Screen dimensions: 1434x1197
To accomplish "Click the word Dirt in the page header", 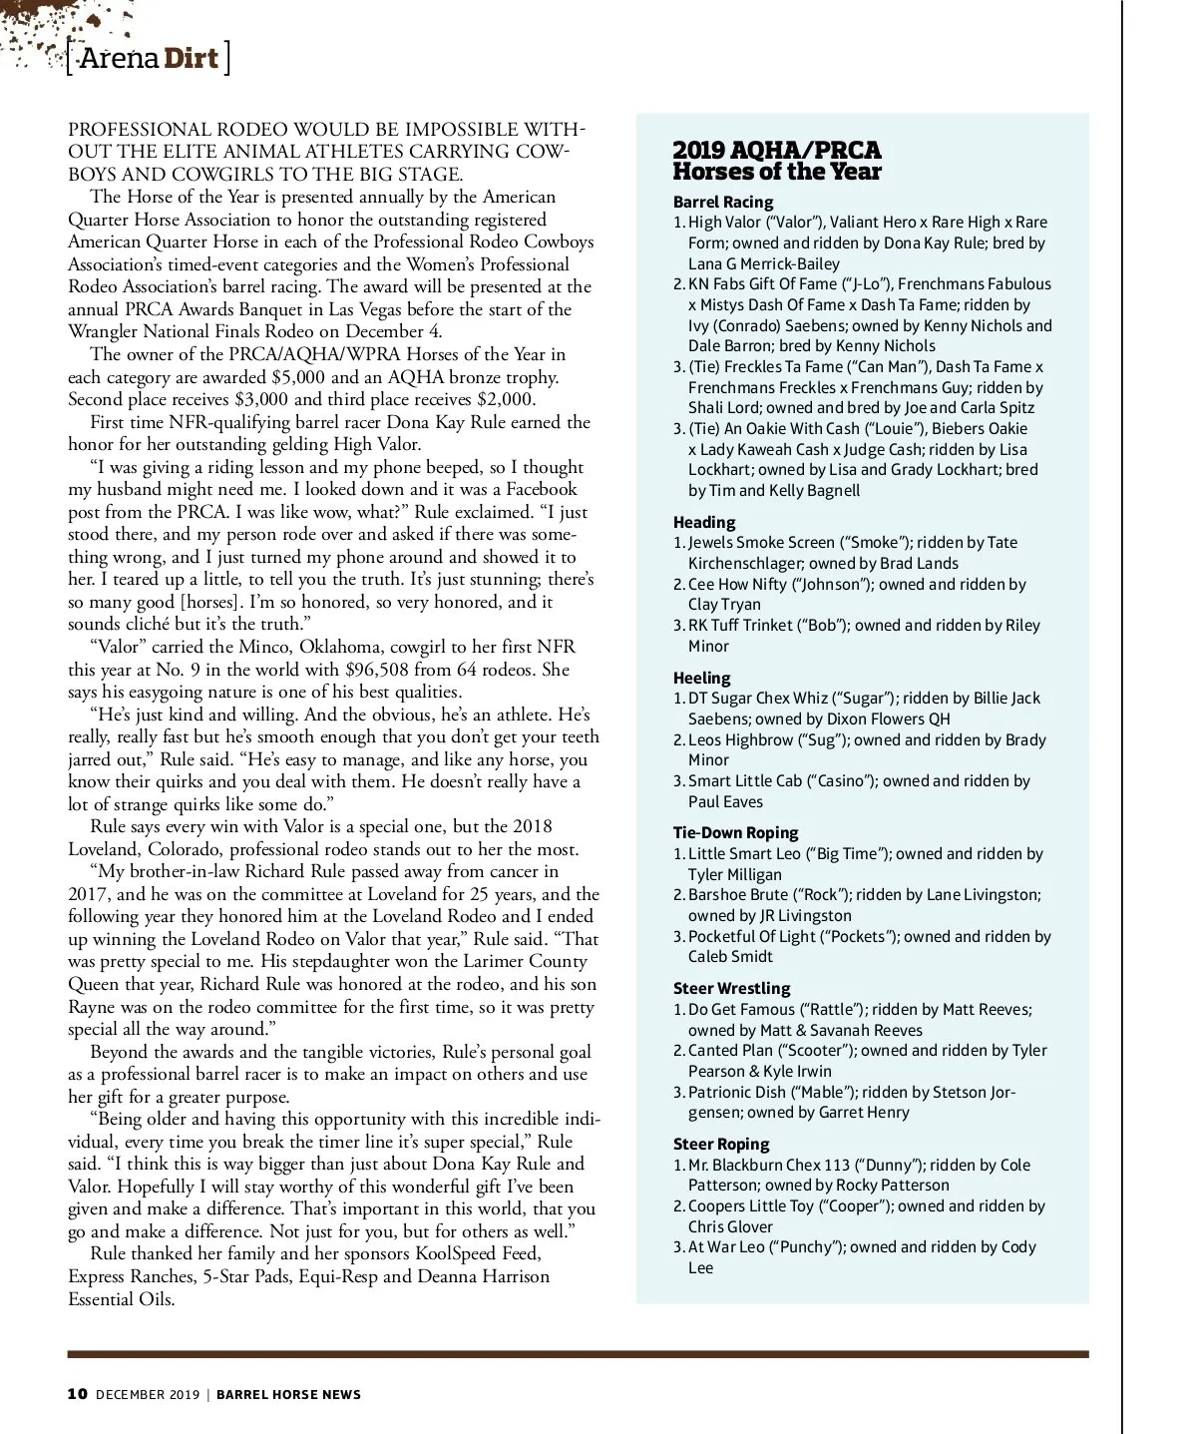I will pos(191,58).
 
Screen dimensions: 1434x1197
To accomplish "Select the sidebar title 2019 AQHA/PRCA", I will pos(776,151).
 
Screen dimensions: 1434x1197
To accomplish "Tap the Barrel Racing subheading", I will pos(722,202).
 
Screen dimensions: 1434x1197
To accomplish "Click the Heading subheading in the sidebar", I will pos(703,522).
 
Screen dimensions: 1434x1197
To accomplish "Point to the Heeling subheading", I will pos(701,678).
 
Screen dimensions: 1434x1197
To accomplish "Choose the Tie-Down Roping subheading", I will pos(735,832).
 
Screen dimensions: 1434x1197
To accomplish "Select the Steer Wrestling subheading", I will pos(731,988).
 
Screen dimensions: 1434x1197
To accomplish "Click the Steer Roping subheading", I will pos(721,1144).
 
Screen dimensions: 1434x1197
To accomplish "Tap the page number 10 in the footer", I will pos(77,1394).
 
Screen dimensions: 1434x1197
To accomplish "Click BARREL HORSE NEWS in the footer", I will pos(288,1394).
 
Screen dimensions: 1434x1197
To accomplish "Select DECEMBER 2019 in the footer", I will pos(148,1394).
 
